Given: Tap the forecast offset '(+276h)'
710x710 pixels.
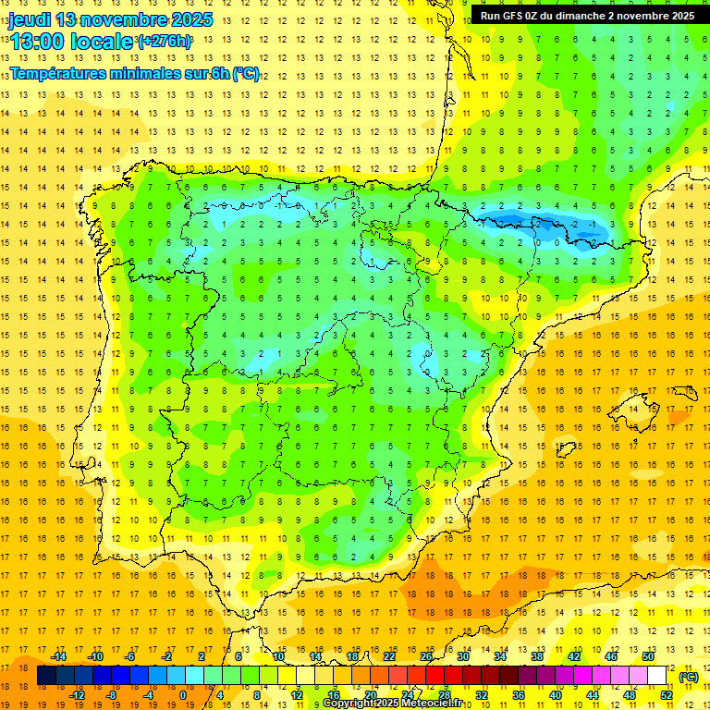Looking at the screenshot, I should (x=165, y=42).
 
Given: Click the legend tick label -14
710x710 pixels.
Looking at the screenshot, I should (x=58, y=656).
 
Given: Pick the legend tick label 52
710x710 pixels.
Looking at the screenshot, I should (x=666, y=695).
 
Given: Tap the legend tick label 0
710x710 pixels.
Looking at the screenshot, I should (x=182, y=695).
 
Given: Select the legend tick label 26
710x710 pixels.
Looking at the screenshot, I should (x=426, y=656).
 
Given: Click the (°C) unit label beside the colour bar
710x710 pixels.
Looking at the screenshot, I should (x=688, y=677).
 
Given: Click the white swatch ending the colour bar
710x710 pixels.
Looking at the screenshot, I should (x=656, y=676).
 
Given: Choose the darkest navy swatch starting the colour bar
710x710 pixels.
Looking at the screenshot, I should (x=46, y=676).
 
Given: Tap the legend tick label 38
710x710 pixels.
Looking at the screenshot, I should (x=537, y=656).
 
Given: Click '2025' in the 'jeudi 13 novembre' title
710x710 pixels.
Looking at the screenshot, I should (x=186, y=19).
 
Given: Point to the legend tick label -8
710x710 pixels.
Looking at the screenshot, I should (x=111, y=695).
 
